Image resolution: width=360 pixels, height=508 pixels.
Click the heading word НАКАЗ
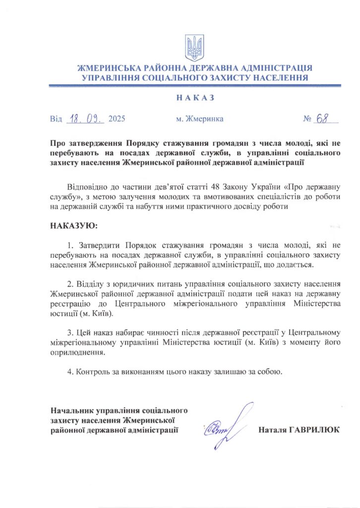[195, 98]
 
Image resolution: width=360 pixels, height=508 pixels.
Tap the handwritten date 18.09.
[85, 119]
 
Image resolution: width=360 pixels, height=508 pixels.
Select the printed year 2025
[117, 119]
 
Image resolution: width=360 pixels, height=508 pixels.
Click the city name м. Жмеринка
[199, 119]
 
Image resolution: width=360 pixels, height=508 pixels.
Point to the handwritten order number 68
[323, 118]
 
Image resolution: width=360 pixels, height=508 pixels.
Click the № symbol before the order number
[307, 119]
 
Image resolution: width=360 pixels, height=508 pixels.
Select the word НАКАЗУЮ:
[74, 226]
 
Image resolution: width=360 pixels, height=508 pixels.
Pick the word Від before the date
[56, 119]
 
